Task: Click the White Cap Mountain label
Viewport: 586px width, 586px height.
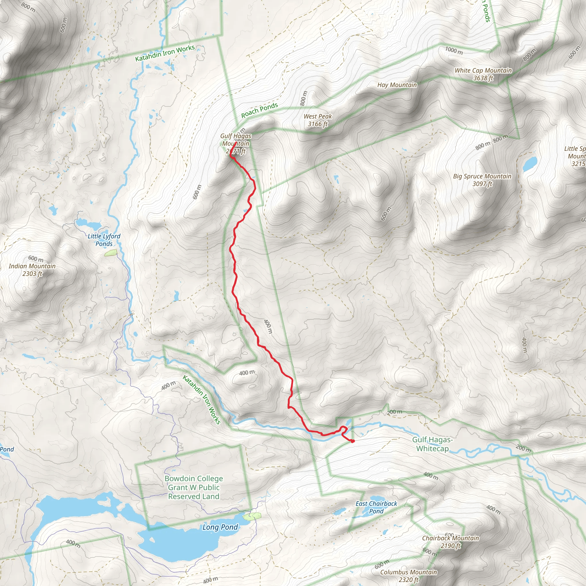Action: pos(483,74)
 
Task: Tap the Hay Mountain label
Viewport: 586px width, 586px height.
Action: pos(397,85)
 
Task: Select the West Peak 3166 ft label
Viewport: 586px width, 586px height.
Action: pos(318,120)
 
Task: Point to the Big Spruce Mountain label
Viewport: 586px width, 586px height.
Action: pos(482,180)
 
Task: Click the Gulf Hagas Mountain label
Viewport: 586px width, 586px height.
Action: pos(236,143)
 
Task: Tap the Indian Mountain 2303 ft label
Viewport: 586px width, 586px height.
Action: pos(32,270)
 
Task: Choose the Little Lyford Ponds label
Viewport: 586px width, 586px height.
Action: pos(104,239)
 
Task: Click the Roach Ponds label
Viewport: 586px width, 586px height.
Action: pos(259,110)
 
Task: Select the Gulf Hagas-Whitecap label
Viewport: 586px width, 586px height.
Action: pos(432,444)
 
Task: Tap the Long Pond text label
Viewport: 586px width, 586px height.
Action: pos(220,527)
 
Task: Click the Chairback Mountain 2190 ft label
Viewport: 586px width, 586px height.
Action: pos(450,542)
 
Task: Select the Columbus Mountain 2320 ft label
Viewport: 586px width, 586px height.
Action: pos(408,576)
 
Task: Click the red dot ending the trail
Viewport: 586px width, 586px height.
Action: pos(353,441)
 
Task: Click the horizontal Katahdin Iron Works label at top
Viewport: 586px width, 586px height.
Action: pos(165,53)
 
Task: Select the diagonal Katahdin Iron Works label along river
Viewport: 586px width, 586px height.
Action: pos(201,399)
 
